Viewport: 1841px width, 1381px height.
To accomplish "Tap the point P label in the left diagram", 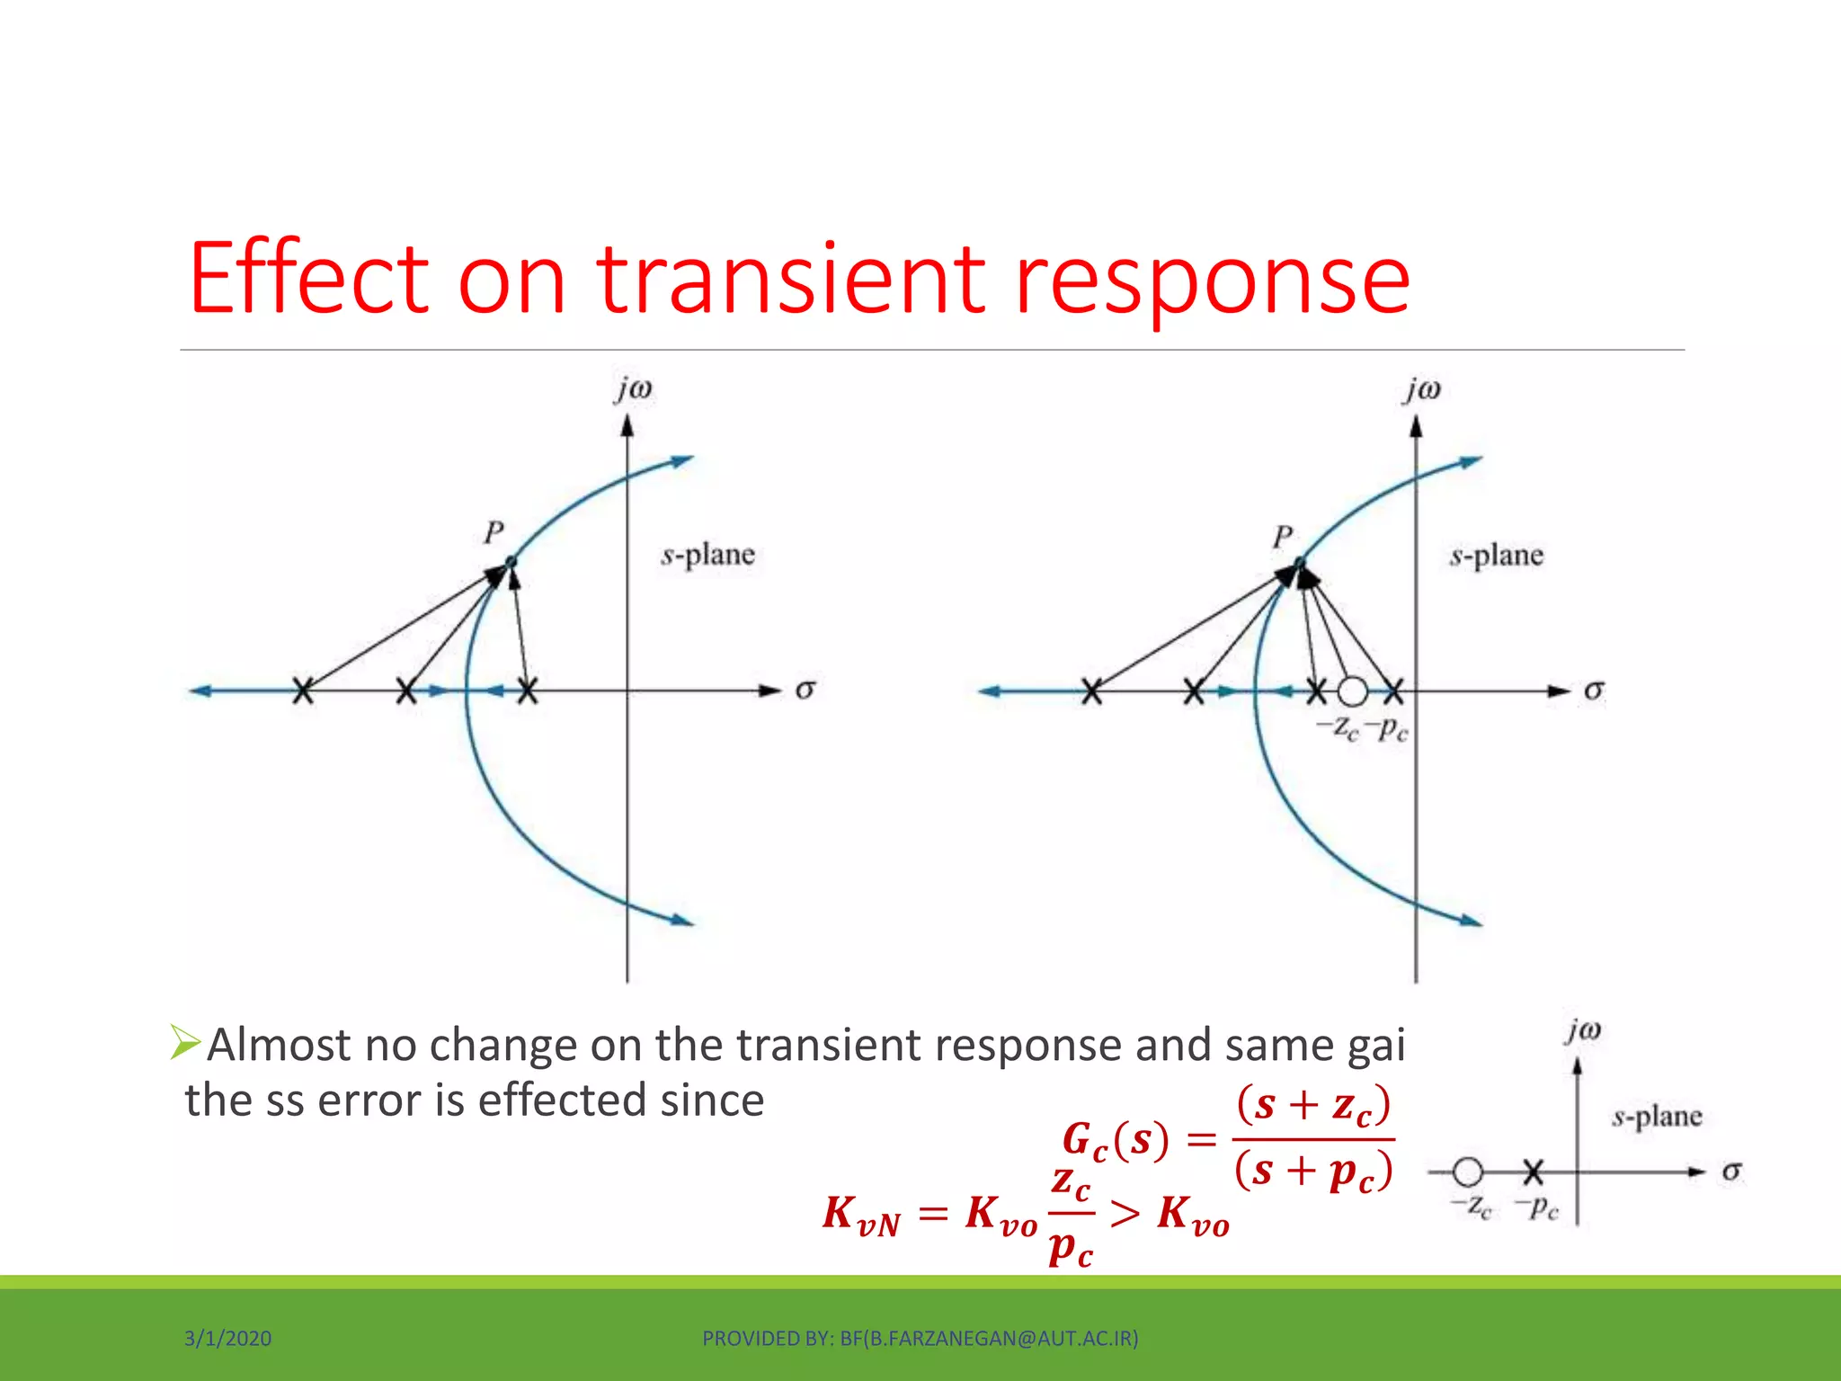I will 494,532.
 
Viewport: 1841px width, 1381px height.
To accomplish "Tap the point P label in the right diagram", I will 1283,538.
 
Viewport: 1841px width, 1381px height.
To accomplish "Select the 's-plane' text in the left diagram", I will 708,555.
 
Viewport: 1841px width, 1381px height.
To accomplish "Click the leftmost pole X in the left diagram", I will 304,691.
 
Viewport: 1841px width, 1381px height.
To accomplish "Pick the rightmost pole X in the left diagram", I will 528,691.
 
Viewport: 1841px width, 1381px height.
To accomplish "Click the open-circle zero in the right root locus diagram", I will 1352,691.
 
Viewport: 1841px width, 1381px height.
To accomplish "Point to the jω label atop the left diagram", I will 634,389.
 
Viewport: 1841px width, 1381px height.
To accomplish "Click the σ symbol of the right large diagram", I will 1594,690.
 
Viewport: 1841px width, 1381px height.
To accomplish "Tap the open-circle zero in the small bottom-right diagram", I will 1467,1172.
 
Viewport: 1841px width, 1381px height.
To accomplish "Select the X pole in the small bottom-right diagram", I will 1534,1172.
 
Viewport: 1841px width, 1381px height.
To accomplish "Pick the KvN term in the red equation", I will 861,1215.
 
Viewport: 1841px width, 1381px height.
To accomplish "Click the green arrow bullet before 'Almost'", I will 185,1043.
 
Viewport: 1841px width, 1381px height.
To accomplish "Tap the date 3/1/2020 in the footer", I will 227,1339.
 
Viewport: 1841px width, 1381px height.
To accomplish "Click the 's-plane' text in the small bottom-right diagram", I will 1657,1118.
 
